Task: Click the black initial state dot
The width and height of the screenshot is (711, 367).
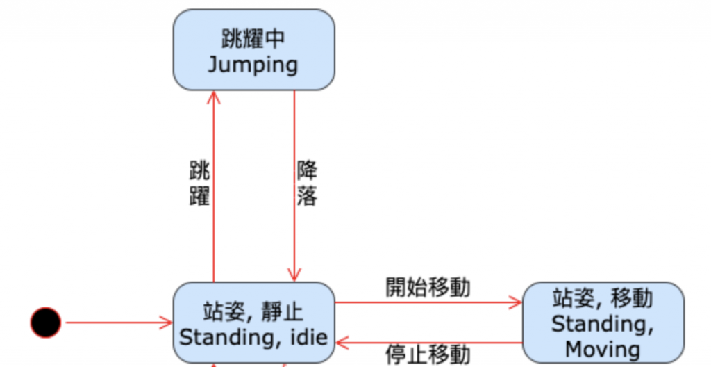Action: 46,323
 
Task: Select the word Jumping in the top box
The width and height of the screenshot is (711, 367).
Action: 253,65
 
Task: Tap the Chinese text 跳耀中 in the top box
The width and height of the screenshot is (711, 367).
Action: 253,39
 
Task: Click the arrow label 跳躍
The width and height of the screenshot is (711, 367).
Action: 199,184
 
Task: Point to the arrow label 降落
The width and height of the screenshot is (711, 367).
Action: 307,184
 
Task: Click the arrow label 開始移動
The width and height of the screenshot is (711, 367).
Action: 428,286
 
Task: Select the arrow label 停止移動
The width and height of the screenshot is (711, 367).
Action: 428,354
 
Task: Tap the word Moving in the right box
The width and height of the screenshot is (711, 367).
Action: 603,350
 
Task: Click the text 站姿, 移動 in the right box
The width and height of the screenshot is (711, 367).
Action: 603,298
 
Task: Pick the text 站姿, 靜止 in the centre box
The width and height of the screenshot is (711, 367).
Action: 253,311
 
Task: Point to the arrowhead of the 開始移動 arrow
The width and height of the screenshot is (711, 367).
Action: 515,302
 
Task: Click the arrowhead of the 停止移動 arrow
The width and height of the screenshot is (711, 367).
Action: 341,343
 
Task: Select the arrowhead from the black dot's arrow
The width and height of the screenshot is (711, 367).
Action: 167,323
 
